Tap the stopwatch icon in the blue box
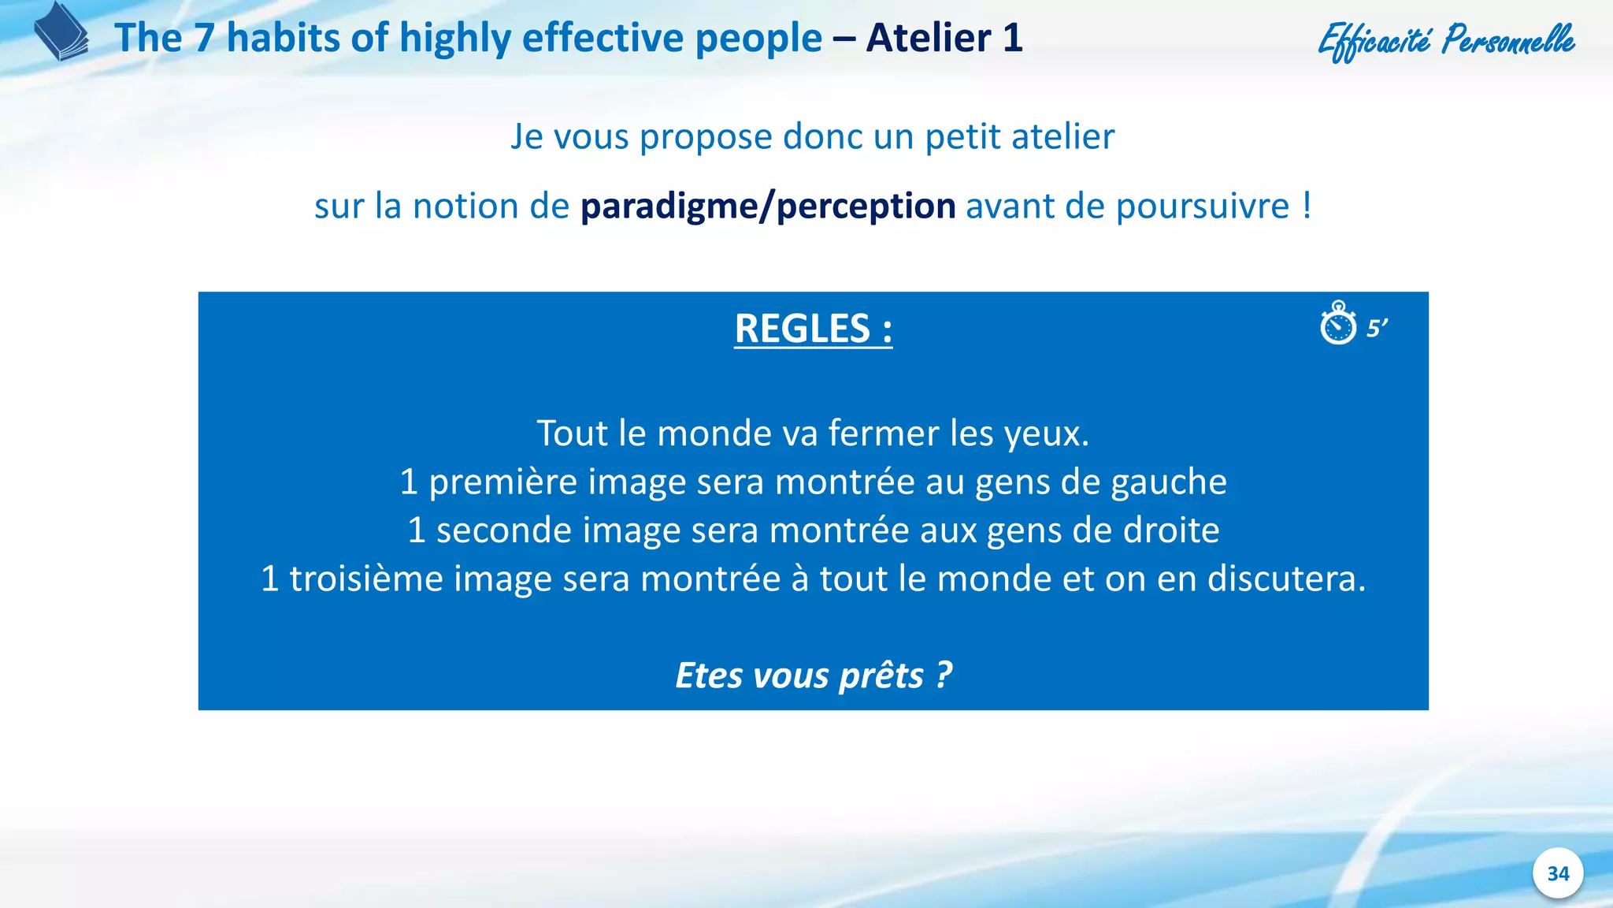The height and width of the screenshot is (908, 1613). click(x=1338, y=323)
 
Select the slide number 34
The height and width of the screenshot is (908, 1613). click(x=1558, y=873)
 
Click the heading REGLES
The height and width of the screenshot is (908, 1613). click(x=813, y=329)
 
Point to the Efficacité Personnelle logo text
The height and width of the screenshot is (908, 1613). click(x=1446, y=40)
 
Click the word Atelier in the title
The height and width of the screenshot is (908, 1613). click(x=929, y=38)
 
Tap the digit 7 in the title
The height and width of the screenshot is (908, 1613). click(x=205, y=38)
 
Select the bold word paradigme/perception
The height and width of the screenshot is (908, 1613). click(x=768, y=207)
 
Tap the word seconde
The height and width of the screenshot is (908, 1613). click(x=504, y=530)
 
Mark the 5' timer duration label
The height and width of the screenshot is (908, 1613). click(x=1377, y=328)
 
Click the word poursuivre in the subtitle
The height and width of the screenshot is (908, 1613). click(x=1203, y=207)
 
